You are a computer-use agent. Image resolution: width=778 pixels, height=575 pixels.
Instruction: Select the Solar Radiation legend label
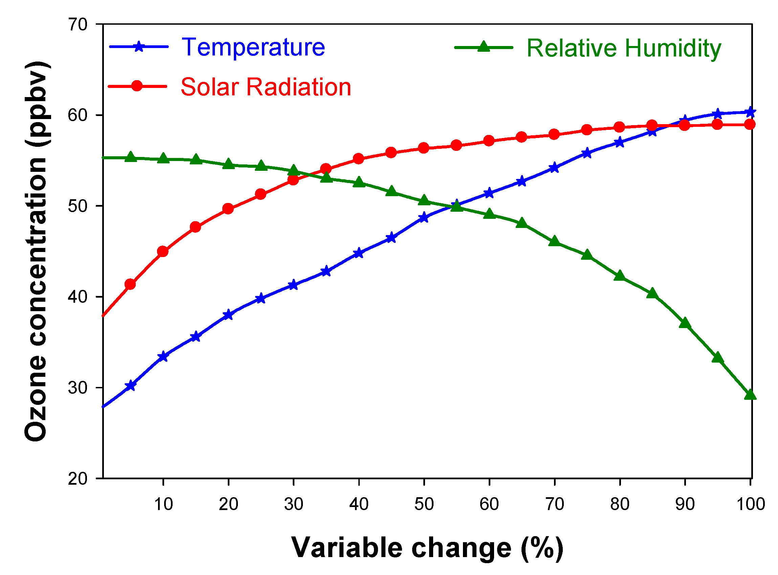266,87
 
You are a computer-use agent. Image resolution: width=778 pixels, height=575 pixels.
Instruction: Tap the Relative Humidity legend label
624,49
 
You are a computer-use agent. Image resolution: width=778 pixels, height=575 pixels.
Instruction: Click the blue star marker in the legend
139,46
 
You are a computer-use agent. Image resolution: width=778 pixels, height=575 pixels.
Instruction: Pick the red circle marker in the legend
137,86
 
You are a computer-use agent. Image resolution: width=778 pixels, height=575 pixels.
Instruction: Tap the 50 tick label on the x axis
424,504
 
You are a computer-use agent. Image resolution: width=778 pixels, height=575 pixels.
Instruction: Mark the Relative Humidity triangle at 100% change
750,395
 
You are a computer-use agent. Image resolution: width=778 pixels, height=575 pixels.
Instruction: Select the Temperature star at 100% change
750,112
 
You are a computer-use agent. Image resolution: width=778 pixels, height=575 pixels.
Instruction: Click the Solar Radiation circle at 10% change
163,251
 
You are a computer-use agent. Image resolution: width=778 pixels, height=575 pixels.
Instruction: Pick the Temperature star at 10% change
163,357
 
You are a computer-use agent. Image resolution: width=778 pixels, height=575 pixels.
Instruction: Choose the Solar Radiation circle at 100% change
750,124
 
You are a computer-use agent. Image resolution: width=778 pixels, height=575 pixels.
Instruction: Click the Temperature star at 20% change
228,315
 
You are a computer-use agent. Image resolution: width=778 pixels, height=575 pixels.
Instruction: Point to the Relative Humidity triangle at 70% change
554,241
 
